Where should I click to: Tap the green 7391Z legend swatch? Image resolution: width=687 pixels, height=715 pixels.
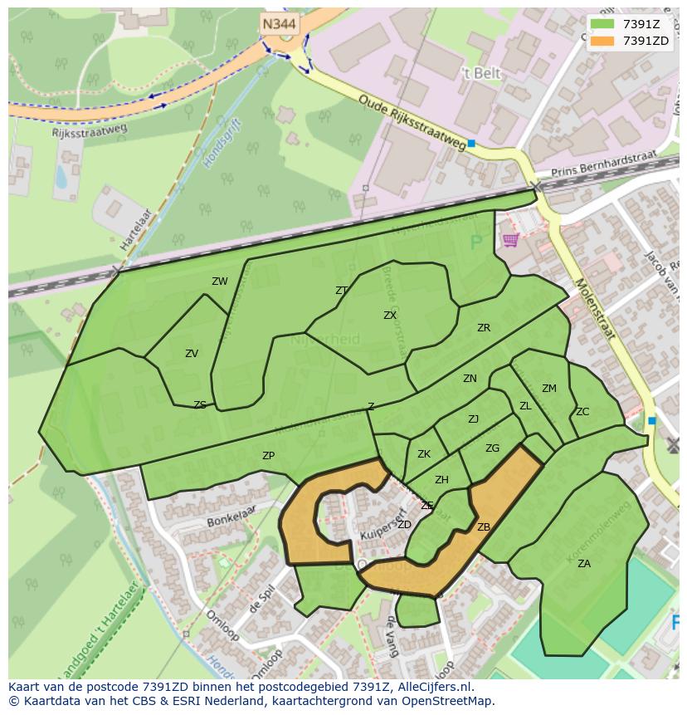pos(603,24)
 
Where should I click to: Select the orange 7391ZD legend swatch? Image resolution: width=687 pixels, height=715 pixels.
pos(603,41)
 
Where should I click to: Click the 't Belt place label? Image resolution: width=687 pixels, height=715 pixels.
pos(481,73)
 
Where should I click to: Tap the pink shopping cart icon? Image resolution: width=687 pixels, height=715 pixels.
pos(510,240)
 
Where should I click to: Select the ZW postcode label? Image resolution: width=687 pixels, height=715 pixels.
pos(219,282)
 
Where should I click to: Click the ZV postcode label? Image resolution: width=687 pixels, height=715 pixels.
pos(192,354)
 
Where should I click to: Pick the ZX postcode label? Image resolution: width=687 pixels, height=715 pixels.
pos(390,316)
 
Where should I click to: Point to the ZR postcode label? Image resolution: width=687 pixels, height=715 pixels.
pos(484,328)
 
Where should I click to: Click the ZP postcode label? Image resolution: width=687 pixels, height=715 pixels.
pos(268,456)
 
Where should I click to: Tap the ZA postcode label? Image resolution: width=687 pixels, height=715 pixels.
pos(584,564)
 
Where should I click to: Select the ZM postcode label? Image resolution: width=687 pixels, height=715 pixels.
pos(549,389)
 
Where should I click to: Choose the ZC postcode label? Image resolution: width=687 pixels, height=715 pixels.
pos(582,412)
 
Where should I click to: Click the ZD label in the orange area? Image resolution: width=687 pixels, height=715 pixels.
pos(405,525)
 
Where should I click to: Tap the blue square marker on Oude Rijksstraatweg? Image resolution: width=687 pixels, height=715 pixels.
pos(471,144)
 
